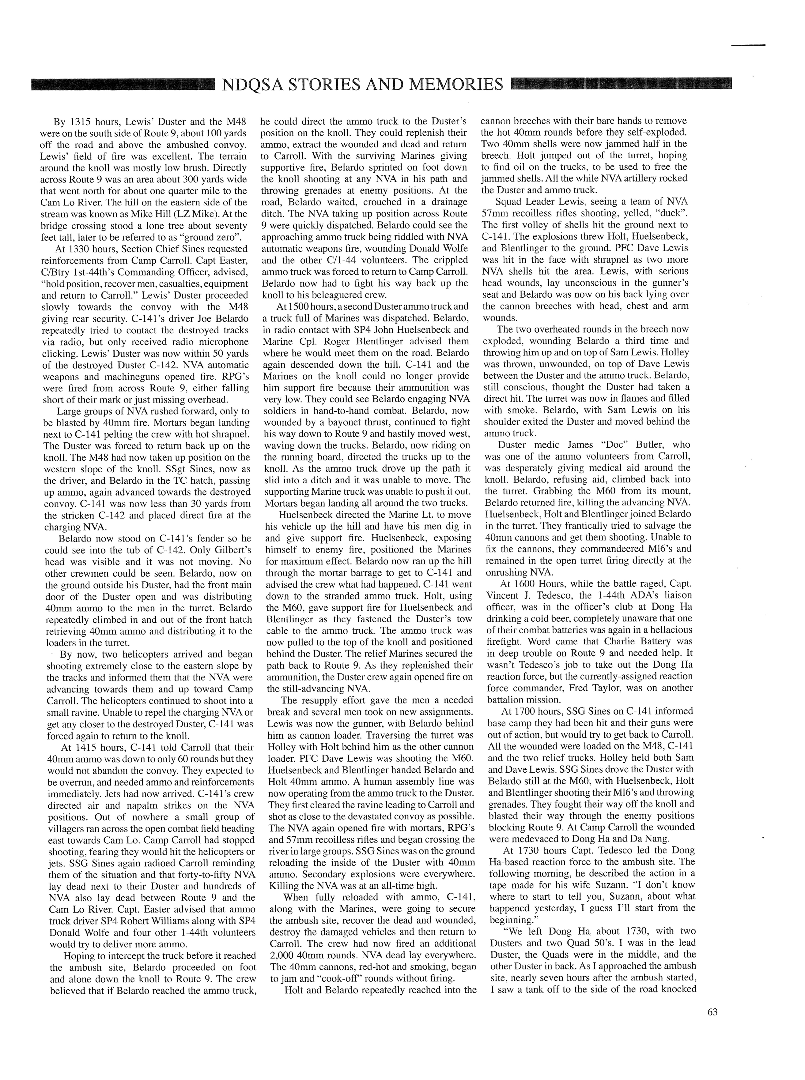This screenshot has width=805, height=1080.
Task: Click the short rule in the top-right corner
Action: [x=748, y=45]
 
